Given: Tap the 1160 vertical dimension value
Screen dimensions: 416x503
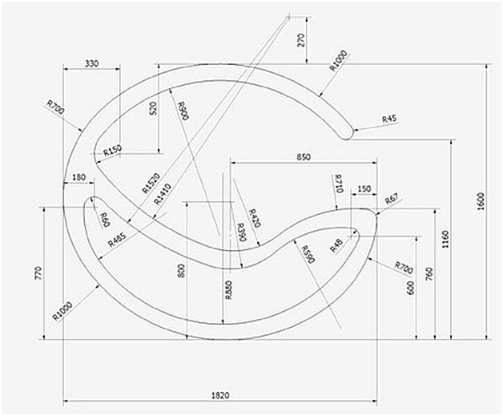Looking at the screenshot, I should (x=445, y=238).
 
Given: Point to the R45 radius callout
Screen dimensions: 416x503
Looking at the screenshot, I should (x=389, y=119).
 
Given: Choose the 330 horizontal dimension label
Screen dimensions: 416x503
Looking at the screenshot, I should (x=90, y=63).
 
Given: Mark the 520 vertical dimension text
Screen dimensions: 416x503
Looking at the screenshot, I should (x=153, y=110).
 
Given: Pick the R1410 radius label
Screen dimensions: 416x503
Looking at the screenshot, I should (x=163, y=194).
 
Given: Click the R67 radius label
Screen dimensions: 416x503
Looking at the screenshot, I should (x=392, y=199).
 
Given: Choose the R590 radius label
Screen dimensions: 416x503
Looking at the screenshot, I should (x=308, y=255).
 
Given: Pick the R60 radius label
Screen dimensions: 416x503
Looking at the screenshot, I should (x=103, y=219).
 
